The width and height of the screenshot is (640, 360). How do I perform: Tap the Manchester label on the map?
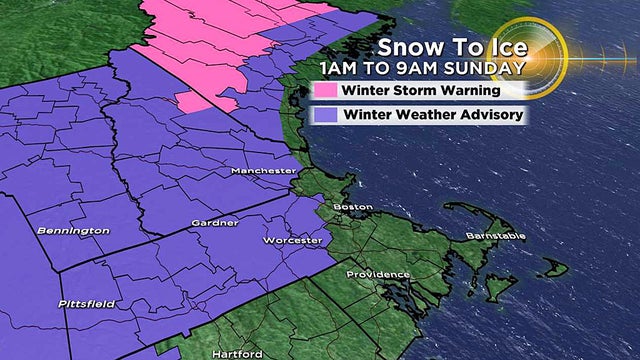coord(263,171)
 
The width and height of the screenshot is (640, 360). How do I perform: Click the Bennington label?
coord(72,231)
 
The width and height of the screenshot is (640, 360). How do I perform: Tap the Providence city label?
coord(378,274)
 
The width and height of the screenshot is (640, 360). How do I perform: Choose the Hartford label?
coord(237,354)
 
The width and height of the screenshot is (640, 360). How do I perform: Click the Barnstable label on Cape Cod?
coord(493,236)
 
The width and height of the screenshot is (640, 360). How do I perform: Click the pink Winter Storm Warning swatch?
coord(325,89)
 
